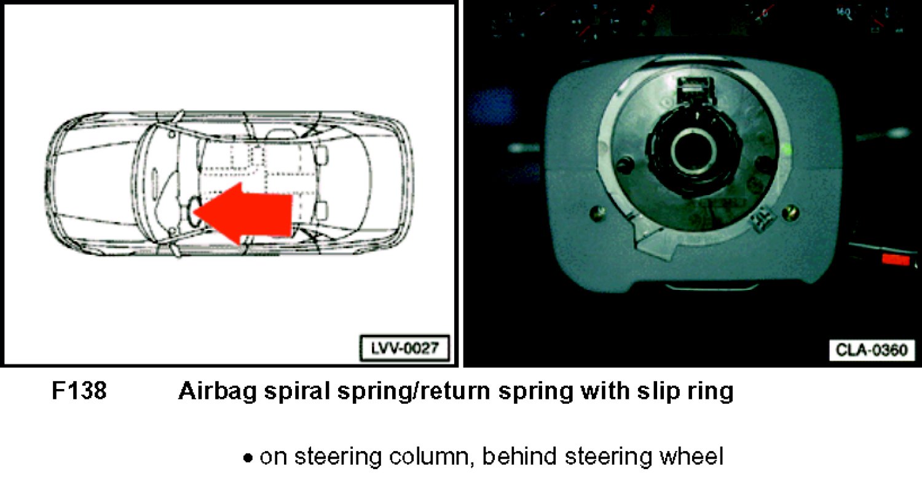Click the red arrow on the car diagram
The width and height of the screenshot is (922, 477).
[x=243, y=214]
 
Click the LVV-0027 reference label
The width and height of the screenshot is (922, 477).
[x=404, y=348]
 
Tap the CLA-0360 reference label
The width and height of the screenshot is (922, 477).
[x=872, y=350]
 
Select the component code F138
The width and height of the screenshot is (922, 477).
[x=79, y=390]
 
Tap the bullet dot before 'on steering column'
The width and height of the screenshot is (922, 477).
[x=247, y=458]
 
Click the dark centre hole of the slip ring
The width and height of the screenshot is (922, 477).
[x=693, y=151]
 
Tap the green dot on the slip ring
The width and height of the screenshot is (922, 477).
[x=787, y=149]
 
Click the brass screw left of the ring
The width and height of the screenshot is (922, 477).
[x=597, y=213]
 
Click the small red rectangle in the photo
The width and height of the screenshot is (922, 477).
[x=896, y=260]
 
